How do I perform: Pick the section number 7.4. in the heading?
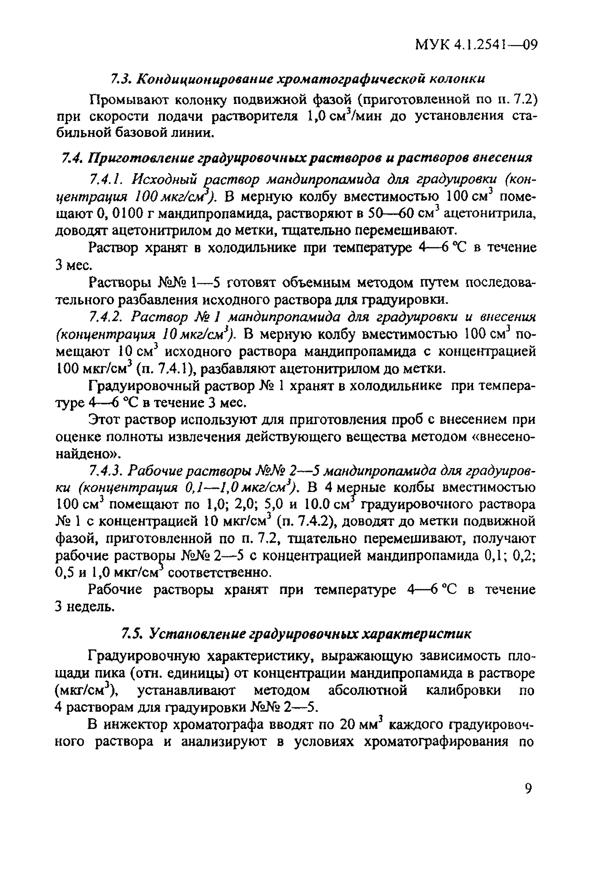[x=73, y=157]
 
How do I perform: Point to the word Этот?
[x=104, y=420]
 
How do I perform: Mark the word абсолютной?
[x=367, y=691]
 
